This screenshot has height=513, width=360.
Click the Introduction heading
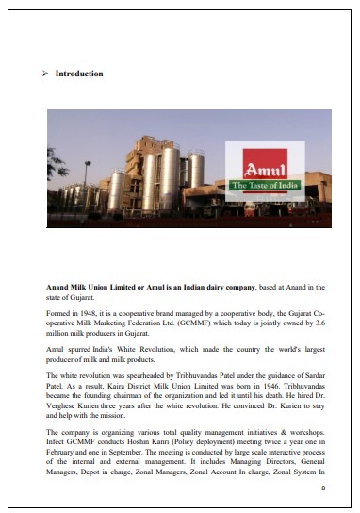(x=79, y=74)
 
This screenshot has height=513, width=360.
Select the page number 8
(x=323, y=488)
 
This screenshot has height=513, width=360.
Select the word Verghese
(x=63, y=404)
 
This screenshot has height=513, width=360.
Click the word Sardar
(x=312, y=375)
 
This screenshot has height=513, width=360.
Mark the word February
(x=62, y=450)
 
